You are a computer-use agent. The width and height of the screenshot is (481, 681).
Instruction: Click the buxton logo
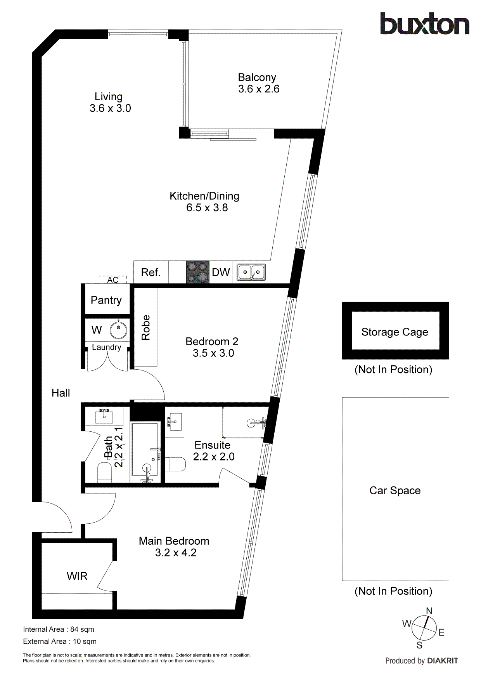tap(424, 24)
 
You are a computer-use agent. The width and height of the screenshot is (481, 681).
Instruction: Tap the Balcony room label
tap(257, 77)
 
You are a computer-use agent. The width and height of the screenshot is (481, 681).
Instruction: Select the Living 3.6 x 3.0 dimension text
tap(110, 108)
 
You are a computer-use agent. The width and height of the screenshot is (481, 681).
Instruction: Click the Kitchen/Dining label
tap(204, 196)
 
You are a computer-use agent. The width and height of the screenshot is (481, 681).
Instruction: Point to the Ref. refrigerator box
tap(151, 272)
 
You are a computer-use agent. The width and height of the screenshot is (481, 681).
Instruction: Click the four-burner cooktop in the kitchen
tap(197, 272)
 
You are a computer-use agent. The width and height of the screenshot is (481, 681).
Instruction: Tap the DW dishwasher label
tap(221, 273)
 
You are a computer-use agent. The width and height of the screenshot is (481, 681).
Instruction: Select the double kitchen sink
tap(251, 272)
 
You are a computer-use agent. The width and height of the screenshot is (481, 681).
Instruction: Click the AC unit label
tap(113, 280)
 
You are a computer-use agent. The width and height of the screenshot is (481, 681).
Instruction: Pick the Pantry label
tap(106, 300)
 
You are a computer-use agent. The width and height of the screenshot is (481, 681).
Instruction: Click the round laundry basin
tap(118, 330)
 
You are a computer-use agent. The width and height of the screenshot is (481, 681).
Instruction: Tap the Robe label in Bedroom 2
tap(146, 327)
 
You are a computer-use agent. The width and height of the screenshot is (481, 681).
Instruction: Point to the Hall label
tap(61, 393)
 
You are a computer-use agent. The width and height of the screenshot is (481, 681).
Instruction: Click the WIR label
tap(77, 576)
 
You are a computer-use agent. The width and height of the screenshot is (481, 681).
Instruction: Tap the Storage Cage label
tap(395, 332)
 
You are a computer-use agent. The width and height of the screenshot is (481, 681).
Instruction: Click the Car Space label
tap(395, 490)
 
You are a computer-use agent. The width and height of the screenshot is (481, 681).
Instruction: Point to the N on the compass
tap(429, 611)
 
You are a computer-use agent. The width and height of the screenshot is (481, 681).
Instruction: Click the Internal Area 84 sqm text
tap(59, 629)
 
